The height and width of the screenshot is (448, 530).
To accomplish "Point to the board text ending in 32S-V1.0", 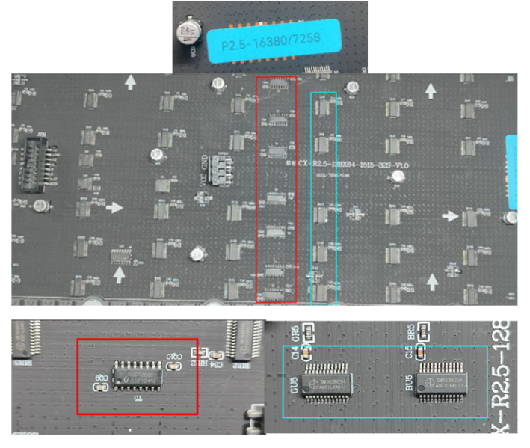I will coord(354,163).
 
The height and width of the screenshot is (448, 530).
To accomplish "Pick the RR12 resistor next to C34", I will coord(200,352).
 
